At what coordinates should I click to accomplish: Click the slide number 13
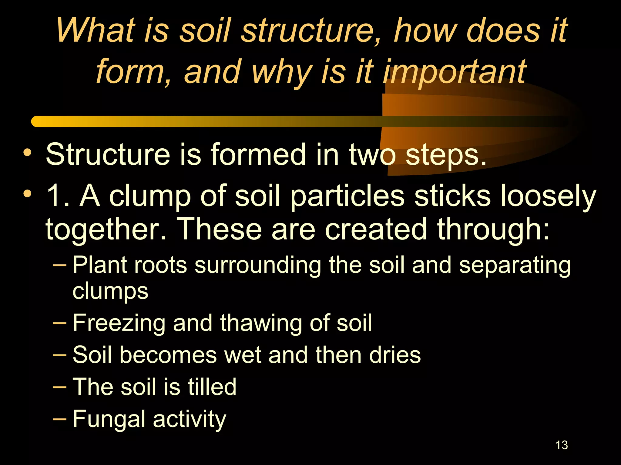pos(562,445)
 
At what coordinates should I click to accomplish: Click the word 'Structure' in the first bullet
pos(108,155)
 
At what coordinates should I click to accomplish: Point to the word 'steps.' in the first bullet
pos(446,155)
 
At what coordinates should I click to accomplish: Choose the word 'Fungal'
pos(109,419)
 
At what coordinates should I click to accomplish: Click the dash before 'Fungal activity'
pos(59,419)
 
